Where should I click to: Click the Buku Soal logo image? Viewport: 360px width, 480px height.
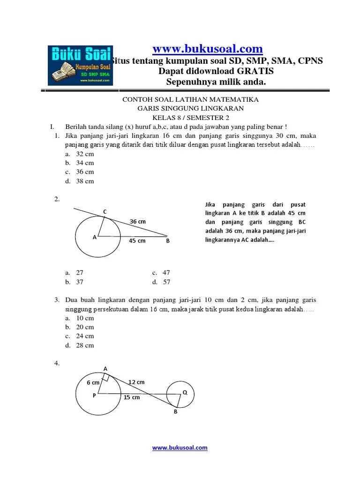pyautogui.click(x=80, y=65)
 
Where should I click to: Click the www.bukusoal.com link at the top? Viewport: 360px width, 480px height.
pyautogui.click(x=208, y=49)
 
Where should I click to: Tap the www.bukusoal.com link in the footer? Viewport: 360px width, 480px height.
pyautogui.click(x=180, y=448)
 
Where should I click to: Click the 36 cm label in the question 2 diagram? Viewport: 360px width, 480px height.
pyautogui.click(x=137, y=221)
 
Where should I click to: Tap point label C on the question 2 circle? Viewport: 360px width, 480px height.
pyautogui.click(x=105, y=212)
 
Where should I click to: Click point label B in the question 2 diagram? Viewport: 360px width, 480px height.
pyautogui.click(x=167, y=241)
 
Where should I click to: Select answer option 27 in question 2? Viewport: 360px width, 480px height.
pyautogui.click(x=79, y=273)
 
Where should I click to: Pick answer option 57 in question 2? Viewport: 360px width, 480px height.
pyautogui.click(x=166, y=282)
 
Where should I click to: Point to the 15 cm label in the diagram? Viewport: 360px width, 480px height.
pyautogui.click(x=132, y=397)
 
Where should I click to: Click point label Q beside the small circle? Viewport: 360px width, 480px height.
pyautogui.click(x=185, y=392)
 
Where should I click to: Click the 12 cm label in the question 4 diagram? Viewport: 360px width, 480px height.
pyautogui.click(x=136, y=382)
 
